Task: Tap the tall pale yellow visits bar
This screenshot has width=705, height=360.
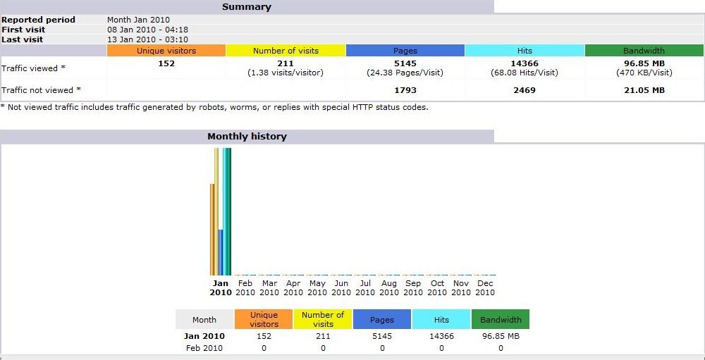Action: pos(216,211)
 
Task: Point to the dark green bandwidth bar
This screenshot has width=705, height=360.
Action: pos(229,211)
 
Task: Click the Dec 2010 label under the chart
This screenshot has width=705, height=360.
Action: pos(485,287)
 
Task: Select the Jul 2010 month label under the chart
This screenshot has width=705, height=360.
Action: pos(365,287)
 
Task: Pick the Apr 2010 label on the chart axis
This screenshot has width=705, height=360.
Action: pos(293,287)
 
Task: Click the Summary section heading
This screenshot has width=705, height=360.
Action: pos(247,7)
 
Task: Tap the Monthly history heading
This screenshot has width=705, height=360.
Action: pos(247,137)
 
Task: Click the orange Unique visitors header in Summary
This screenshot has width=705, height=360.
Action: pos(166,51)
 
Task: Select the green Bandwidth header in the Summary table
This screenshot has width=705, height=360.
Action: pos(644,51)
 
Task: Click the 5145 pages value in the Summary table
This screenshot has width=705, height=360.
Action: pos(405,63)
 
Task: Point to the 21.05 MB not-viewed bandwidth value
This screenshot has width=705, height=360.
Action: pos(644,90)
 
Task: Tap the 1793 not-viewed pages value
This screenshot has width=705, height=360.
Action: pos(405,90)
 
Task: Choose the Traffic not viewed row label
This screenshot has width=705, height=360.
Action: pos(41,90)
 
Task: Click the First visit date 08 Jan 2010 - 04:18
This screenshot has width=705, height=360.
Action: pos(147,30)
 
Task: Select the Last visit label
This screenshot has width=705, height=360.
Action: pos(22,39)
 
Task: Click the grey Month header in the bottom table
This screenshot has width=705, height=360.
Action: pos(204,320)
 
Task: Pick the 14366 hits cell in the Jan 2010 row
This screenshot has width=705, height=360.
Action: pos(441,337)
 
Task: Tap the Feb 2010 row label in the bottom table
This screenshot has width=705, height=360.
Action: pos(204,348)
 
